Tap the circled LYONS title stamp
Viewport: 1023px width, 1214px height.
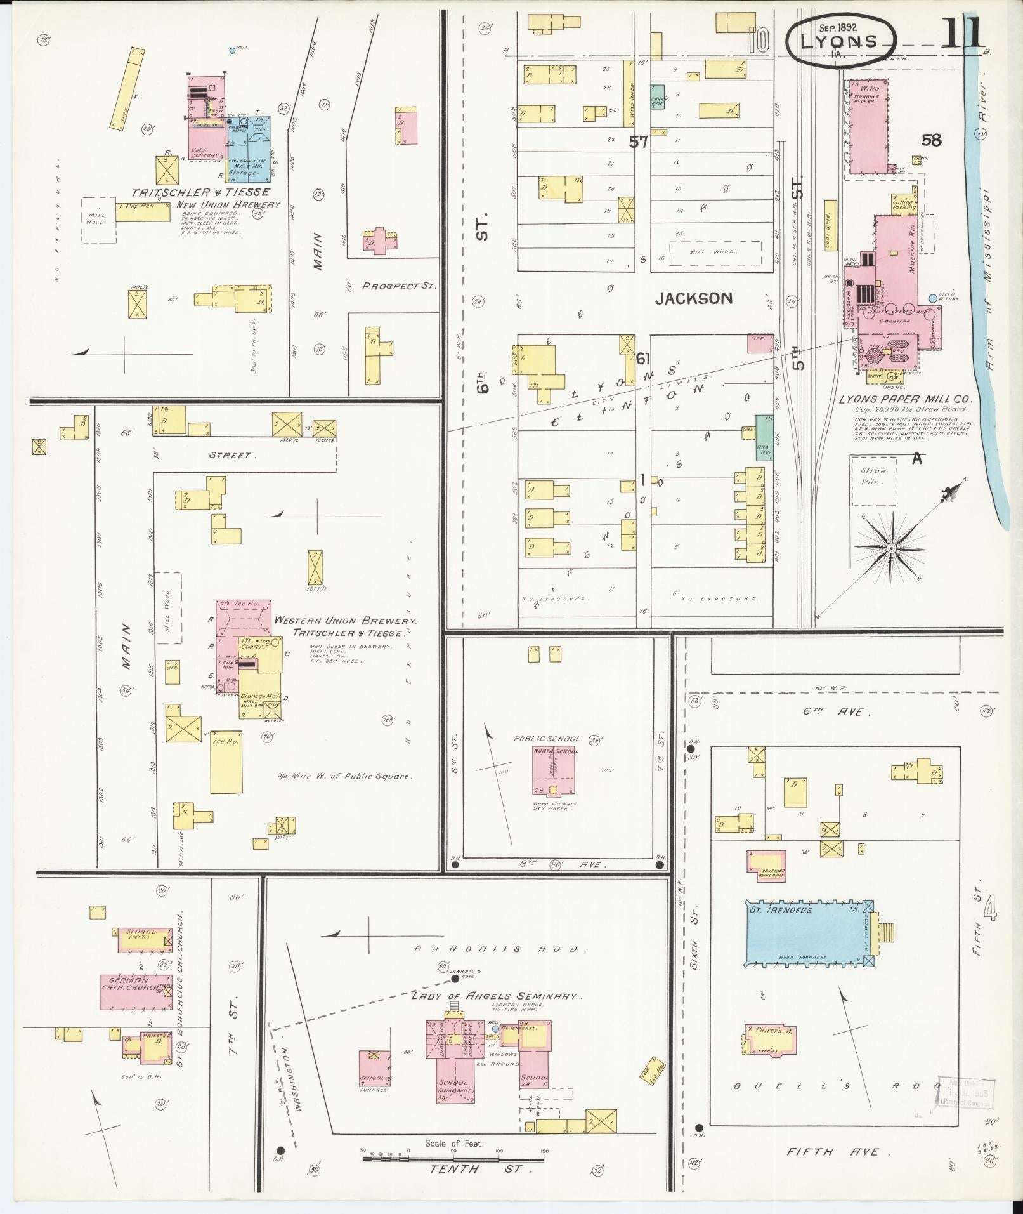[x=840, y=41]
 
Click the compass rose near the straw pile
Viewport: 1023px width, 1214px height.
[x=891, y=547]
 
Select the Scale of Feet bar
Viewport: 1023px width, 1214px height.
[x=454, y=1158]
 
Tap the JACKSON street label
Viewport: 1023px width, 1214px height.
[x=693, y=298]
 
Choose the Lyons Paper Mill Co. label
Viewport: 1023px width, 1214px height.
[x=906, y=400]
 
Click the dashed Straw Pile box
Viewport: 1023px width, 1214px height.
[x=873, y=480]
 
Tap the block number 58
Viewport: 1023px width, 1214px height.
[x=931, y=140]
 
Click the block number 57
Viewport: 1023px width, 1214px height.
[x=638, y=142]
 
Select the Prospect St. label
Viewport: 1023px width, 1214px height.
[x=399, y=286]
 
